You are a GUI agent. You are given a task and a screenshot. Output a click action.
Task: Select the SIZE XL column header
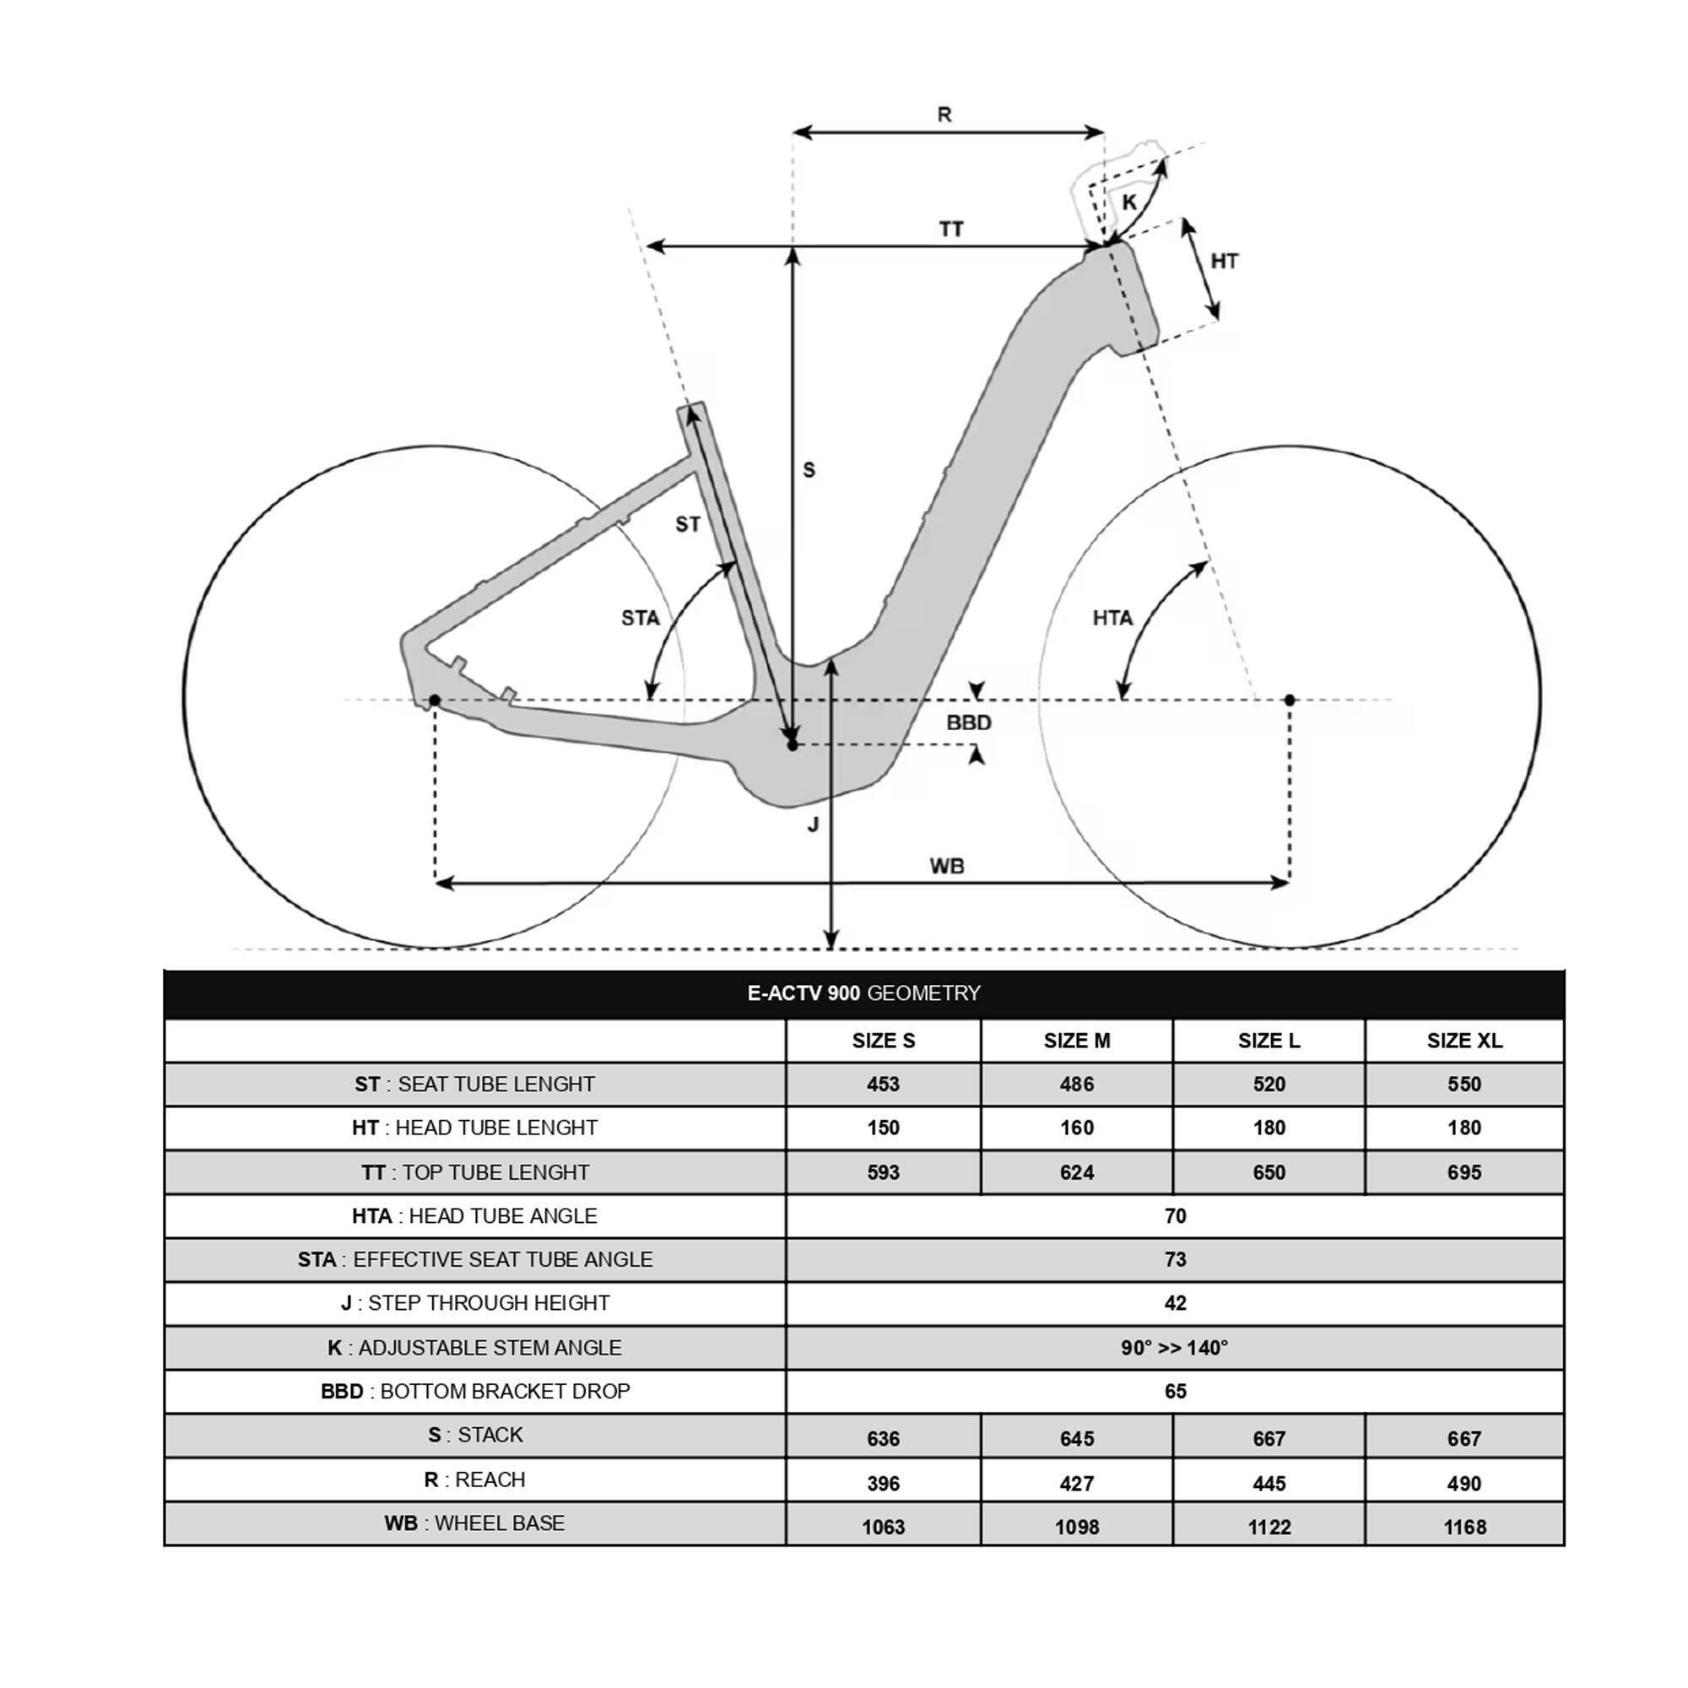pos(1463,1041)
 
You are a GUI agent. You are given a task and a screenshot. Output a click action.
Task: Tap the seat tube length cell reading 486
pos(1076,1085)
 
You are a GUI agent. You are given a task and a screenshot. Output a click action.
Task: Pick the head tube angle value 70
pos(1174,1215)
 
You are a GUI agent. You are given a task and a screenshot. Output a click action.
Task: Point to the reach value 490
pos(1463,1484)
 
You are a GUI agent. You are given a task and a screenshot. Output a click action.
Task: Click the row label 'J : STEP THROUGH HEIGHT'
pos(474,1302)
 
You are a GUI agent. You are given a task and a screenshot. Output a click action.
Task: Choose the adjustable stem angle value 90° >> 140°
pos(1174,1347)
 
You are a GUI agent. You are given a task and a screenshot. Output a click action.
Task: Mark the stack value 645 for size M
pos(1076,1439)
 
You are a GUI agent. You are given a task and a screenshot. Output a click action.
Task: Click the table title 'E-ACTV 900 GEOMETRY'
pos(863,993)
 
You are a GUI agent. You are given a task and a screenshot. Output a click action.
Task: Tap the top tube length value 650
pos(1269,1172)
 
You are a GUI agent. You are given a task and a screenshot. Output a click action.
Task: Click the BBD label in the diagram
pos(969,722)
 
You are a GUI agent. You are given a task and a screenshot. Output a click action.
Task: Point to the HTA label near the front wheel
pos(1112,619)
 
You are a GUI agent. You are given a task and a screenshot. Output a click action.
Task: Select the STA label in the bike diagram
pos(641,619)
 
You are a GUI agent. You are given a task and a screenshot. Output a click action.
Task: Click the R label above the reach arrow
pos(944,115)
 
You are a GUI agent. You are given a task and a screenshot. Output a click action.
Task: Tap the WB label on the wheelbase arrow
pos(947,866)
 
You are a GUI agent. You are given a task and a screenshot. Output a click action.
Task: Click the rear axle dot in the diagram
pos(434,701)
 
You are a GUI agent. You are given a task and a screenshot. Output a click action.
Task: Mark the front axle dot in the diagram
pos(1290,700)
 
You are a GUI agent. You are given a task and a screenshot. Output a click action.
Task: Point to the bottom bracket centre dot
pos(793,745)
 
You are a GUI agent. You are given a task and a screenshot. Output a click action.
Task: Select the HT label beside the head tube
pos(1224,260)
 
